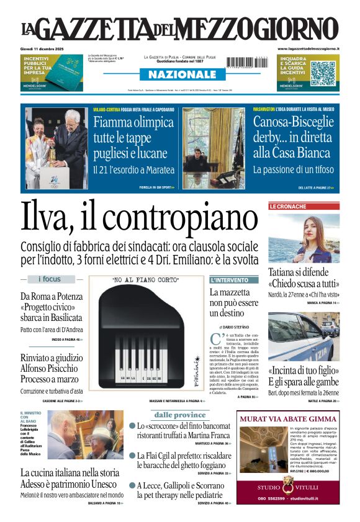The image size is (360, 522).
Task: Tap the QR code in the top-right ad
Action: click(x=323, y=73)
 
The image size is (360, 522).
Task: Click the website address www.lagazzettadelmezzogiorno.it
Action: click(x=308, y=48)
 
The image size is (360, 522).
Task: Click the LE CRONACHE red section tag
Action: click(x=287, y=206)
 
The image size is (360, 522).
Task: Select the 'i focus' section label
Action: click(x=50, y=279)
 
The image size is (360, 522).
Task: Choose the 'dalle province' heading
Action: click(x=180, y=415)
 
